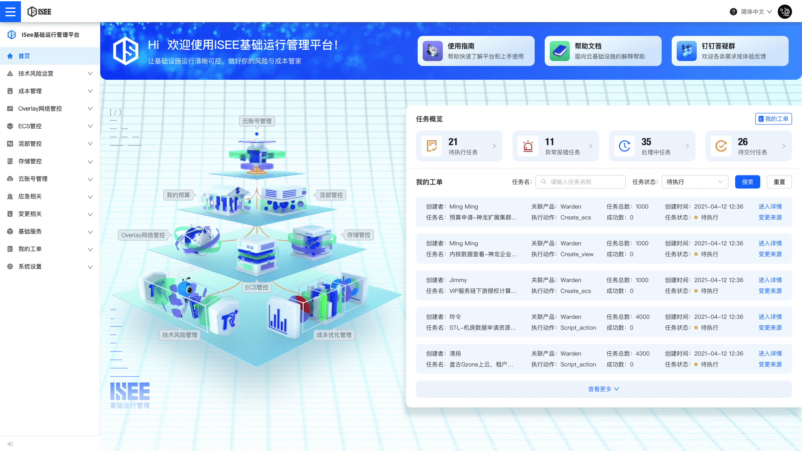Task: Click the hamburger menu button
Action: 10,11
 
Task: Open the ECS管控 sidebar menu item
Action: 30,126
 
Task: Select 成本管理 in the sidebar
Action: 30,91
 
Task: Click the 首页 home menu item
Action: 24,56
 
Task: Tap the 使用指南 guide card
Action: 476,51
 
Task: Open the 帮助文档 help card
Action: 603,51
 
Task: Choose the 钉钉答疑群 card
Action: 730,51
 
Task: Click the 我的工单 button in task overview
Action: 773,119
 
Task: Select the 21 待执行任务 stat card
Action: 459,146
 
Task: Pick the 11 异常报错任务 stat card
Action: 555,146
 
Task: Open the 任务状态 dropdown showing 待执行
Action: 695,182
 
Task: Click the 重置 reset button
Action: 779,182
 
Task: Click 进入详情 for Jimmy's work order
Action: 770,280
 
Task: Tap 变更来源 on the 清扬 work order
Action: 770,365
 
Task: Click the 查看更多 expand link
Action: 603,389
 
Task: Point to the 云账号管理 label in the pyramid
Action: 257,121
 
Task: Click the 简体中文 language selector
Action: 756,12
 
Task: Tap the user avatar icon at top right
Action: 784,12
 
